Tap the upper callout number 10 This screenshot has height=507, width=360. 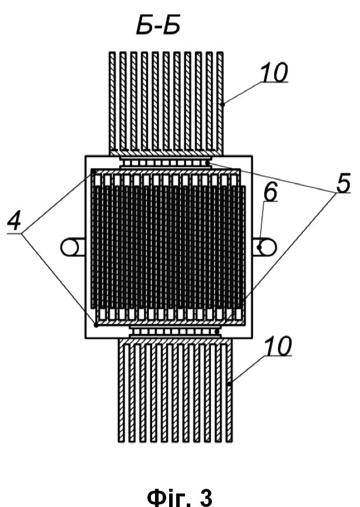[274, 72]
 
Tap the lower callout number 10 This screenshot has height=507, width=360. [278, 345]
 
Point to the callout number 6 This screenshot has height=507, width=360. [270, 192]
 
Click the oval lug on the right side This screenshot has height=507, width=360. [265, 247]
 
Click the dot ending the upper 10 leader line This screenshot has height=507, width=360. [223, 104]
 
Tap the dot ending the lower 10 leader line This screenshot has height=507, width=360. [229, 384]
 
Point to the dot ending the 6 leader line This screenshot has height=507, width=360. [259, 247]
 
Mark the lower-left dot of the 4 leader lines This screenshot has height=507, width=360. [96, 325]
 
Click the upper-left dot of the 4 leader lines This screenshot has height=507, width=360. [93, 171]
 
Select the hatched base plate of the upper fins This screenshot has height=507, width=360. [166, 152]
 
